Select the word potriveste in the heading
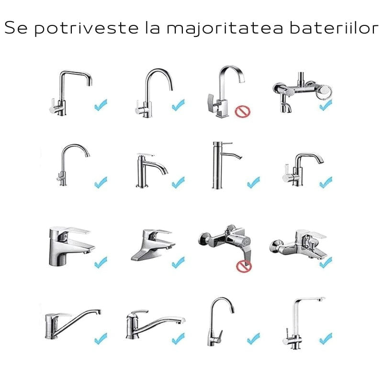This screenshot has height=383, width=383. pos(84,28)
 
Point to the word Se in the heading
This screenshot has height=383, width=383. pos(17,28)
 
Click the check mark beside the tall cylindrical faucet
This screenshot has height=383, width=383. pos(253,182)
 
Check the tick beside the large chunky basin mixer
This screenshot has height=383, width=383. pos(101,262)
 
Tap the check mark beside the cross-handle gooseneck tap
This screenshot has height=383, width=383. pos(101,182)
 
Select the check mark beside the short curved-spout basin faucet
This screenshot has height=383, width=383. pos(178,182)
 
